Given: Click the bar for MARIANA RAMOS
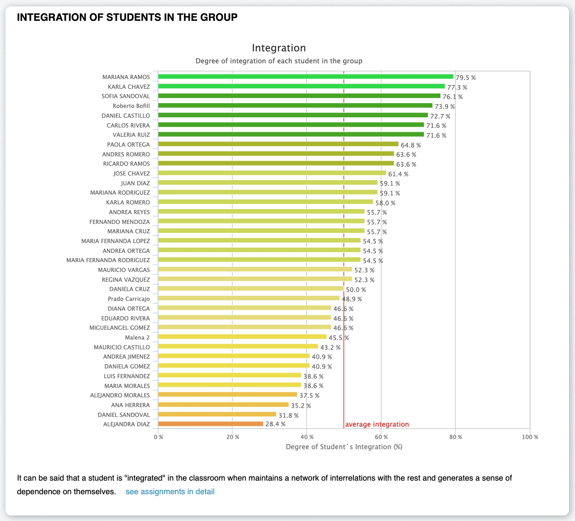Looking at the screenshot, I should click(306, 76).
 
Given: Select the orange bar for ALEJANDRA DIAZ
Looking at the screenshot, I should click(211, 424).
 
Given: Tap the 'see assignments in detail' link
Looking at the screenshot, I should click(170, 492).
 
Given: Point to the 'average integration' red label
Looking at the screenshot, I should click(377, 424).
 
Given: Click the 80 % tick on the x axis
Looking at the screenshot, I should click(455, 437).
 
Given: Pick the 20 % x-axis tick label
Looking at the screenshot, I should click(232, 437).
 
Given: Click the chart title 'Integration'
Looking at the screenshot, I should click(279, 48).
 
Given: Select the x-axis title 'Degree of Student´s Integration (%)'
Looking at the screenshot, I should click(344, 447).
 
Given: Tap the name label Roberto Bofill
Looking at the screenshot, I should click(131, 106).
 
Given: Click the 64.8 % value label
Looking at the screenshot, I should click(411, 145).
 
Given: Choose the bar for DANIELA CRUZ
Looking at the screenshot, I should click(251, 289).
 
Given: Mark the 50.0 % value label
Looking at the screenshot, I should click(356, 289).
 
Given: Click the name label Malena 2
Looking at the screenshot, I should click(137, 337).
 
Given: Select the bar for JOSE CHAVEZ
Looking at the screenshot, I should click(272, 173).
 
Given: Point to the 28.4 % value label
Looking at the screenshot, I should click(275, 424).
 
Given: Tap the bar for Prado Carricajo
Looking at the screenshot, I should click(249, 298).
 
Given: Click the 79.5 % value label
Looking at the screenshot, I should click(465, 78).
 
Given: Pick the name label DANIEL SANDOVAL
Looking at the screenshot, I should click(124, 415).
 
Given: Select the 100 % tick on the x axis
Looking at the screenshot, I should click(530, 437).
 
